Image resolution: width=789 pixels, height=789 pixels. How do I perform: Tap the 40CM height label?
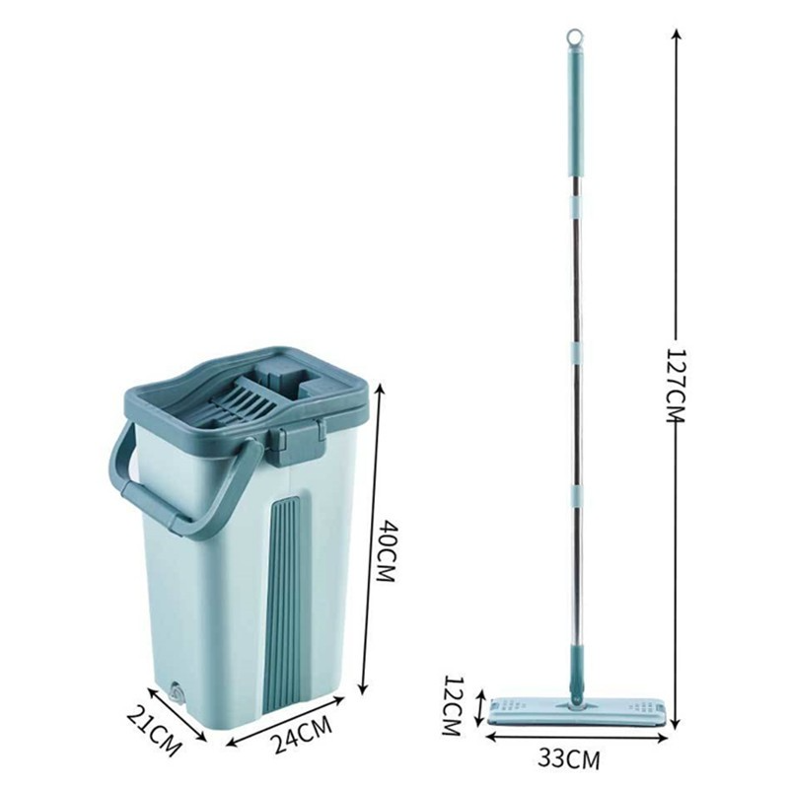point(388,551)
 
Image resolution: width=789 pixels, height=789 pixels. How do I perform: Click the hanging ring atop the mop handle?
point(574,37)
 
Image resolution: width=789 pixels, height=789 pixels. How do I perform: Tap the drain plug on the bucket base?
point(176,691)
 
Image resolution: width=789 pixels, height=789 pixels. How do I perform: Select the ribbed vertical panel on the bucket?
point(285,604)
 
